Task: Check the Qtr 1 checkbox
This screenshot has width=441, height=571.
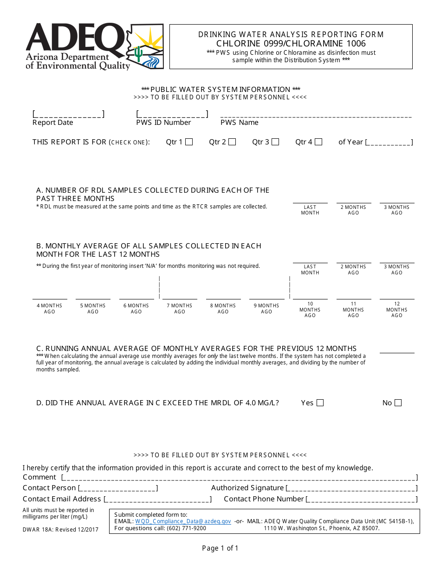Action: pyautogui.click(x=189, y=142)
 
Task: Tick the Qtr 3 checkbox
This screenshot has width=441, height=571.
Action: pyautogui.click(x=275, y=142)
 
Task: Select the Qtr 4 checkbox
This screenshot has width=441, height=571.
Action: pyautogui.click(x=318, y=142)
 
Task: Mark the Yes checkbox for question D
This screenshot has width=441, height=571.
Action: pyautogui.click(x=320, y=403)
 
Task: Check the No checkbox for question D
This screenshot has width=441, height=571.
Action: pyautogui.click(x=398, y=403)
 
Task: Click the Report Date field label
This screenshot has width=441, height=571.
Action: pyautogui.click(x=52, y=123)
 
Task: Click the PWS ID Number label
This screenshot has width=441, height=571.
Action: pyautogui.click(x=163, y=123)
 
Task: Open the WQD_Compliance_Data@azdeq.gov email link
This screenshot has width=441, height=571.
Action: pyautogui.click(x=183, y=521)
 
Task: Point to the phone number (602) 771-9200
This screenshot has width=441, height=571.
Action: pyautogui.click(x=186, y=528)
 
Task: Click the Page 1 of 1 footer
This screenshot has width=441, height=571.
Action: pyautogui.click(x=220, y=548)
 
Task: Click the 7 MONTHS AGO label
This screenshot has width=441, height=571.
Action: pyautogui.click(x=180, y=309)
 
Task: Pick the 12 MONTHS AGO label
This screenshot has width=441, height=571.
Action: pyautogui.click(x=397, y=310)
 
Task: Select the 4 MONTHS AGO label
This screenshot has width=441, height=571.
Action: pyautogui.click(x=50, y=309)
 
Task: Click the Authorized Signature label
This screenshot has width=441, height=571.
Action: pyautogui.click(x=247, y=488)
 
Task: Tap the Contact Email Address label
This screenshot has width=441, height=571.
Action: pyautogui.click(x=62, y=499)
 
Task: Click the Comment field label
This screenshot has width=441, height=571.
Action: pyautogui.click(x=39, y=477)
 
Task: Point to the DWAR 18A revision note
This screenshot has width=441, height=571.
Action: pyautogui.click(x=60, y=530)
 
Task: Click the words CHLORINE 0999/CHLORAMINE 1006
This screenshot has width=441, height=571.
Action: pyautogui.click(x=291, y=44)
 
